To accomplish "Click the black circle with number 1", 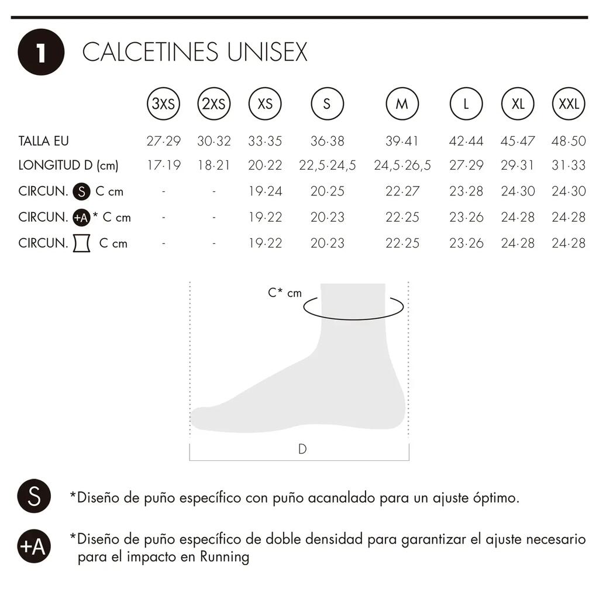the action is [x=41, y=52].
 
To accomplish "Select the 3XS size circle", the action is [x=164, y=104].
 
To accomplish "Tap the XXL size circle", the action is [x=569, y=104].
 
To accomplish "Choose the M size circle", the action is [x=402, y=104].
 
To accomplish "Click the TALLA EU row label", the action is [x=43, y=141].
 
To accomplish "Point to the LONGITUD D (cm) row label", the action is [x=68, y=166].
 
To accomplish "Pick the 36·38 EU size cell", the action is [x=328, y=141].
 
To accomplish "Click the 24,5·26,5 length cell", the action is [x=402, y=166].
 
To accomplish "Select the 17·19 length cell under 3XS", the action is [x=164, y=165].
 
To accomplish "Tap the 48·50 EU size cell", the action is [x=569, y=141].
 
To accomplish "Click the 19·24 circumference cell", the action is [x=265, y=191].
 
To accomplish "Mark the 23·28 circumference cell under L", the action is [x=466, y=191].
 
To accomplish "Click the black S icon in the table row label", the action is [x=81, y=191].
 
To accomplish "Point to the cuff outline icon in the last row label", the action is [x=82, y=243].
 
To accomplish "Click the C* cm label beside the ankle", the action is [x=285, y=293].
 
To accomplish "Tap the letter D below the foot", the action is [x=302, y=449].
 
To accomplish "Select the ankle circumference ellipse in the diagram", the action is [x=353, y=319].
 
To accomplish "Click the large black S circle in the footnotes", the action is [x=34, y=496].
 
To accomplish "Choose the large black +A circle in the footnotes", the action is [x=34, y=546].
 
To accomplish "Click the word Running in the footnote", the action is [x=225, y=557].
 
